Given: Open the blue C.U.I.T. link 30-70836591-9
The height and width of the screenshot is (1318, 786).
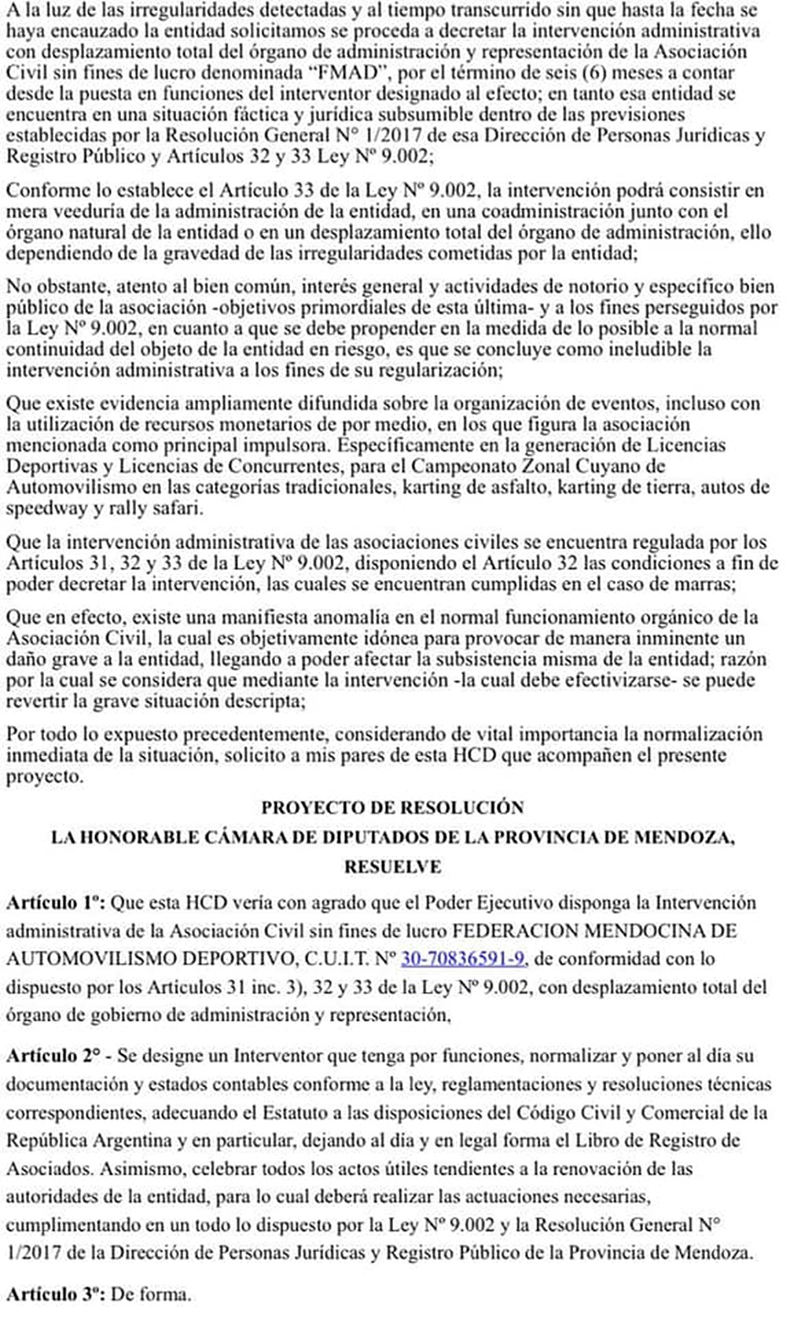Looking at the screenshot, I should coord(463,958).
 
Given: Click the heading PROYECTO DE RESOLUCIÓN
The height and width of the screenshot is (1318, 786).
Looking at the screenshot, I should coord(392,807).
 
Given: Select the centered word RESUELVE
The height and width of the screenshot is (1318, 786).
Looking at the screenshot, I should coord(392,866).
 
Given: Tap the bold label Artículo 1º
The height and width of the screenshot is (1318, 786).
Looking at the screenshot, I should coord(55,902).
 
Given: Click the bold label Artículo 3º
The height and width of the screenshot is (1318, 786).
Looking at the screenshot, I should coord(54,1294).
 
